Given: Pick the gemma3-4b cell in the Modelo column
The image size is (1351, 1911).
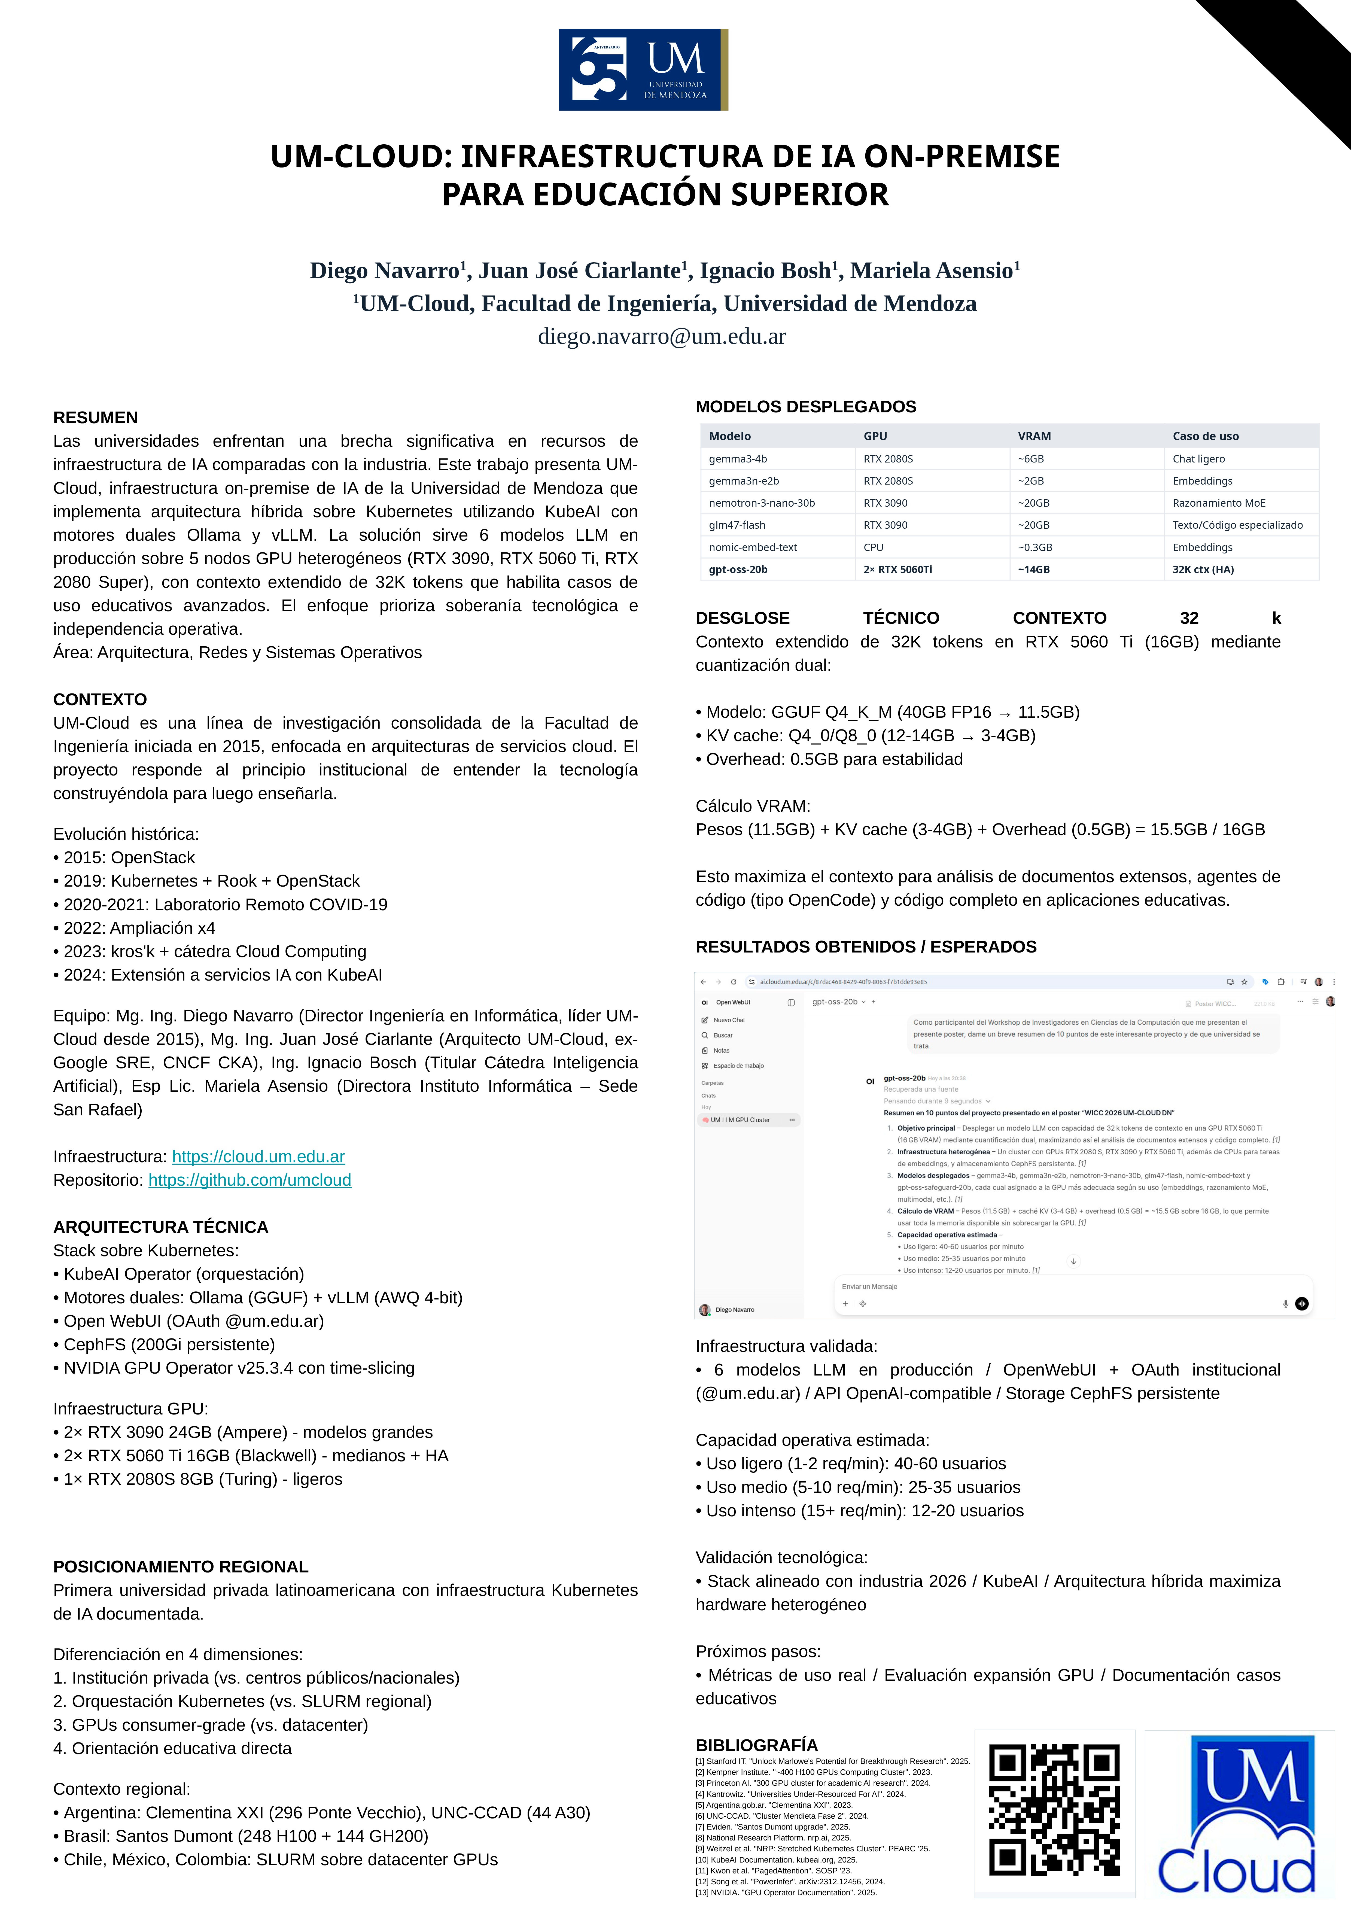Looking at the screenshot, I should pyautogui.click(x=738, y=459).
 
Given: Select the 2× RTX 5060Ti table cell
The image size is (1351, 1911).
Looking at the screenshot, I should pyautogui.click(x=897, y=569).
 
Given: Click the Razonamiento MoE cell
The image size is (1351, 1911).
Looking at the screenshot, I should pyautogui.click(x=1219, y=503).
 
